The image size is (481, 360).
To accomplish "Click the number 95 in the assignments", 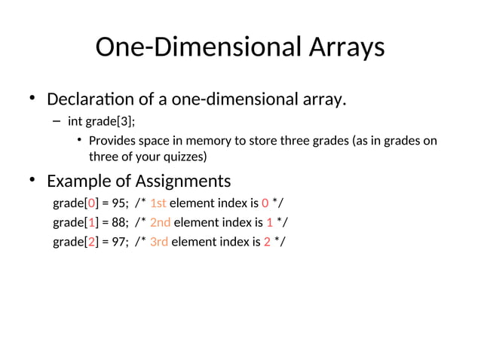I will [119, 203].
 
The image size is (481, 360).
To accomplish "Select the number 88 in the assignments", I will [119, 222].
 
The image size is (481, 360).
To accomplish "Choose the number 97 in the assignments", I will [119, 242].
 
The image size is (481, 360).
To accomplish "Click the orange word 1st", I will [158, 203].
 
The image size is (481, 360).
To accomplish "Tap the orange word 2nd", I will [161, 222].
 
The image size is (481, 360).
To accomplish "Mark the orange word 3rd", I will [160, 242].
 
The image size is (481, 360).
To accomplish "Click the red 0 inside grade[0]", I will [92, 203].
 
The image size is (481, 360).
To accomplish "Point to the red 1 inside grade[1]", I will [92, 222].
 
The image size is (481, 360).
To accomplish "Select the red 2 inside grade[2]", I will [92, 242].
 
